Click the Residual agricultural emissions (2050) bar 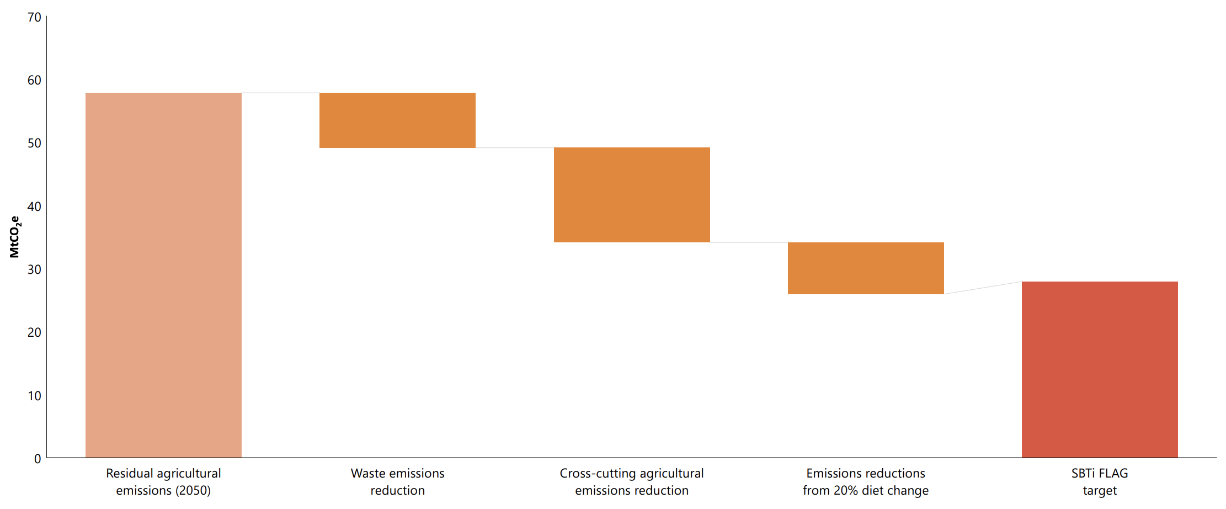coord(163,275)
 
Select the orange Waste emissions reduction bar coord(397,120)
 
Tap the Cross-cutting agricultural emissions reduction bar coord(632,195)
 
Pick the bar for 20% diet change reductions coord(866,268)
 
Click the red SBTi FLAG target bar coord(1100,369)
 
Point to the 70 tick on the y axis coord(34,18)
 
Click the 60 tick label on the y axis coord(34,81)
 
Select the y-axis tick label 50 coord(34,144)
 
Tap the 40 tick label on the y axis coord(34,206)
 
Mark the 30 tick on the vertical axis coord(34,269)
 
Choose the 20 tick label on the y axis coord(34,332)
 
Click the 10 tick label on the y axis coord(34,396)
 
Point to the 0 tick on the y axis coord(38,459)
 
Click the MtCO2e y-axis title coord(15,237)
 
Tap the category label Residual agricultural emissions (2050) coord(163,481)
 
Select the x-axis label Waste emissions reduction coord(397,481)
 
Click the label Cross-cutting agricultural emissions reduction coord(632,481)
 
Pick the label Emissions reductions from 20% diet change coord(866,481)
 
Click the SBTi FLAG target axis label coord(1100,481)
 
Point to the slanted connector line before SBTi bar coord(983,288)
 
